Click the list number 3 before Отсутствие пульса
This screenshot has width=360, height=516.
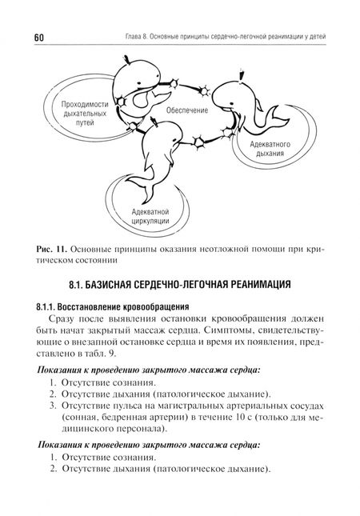[50, 406]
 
